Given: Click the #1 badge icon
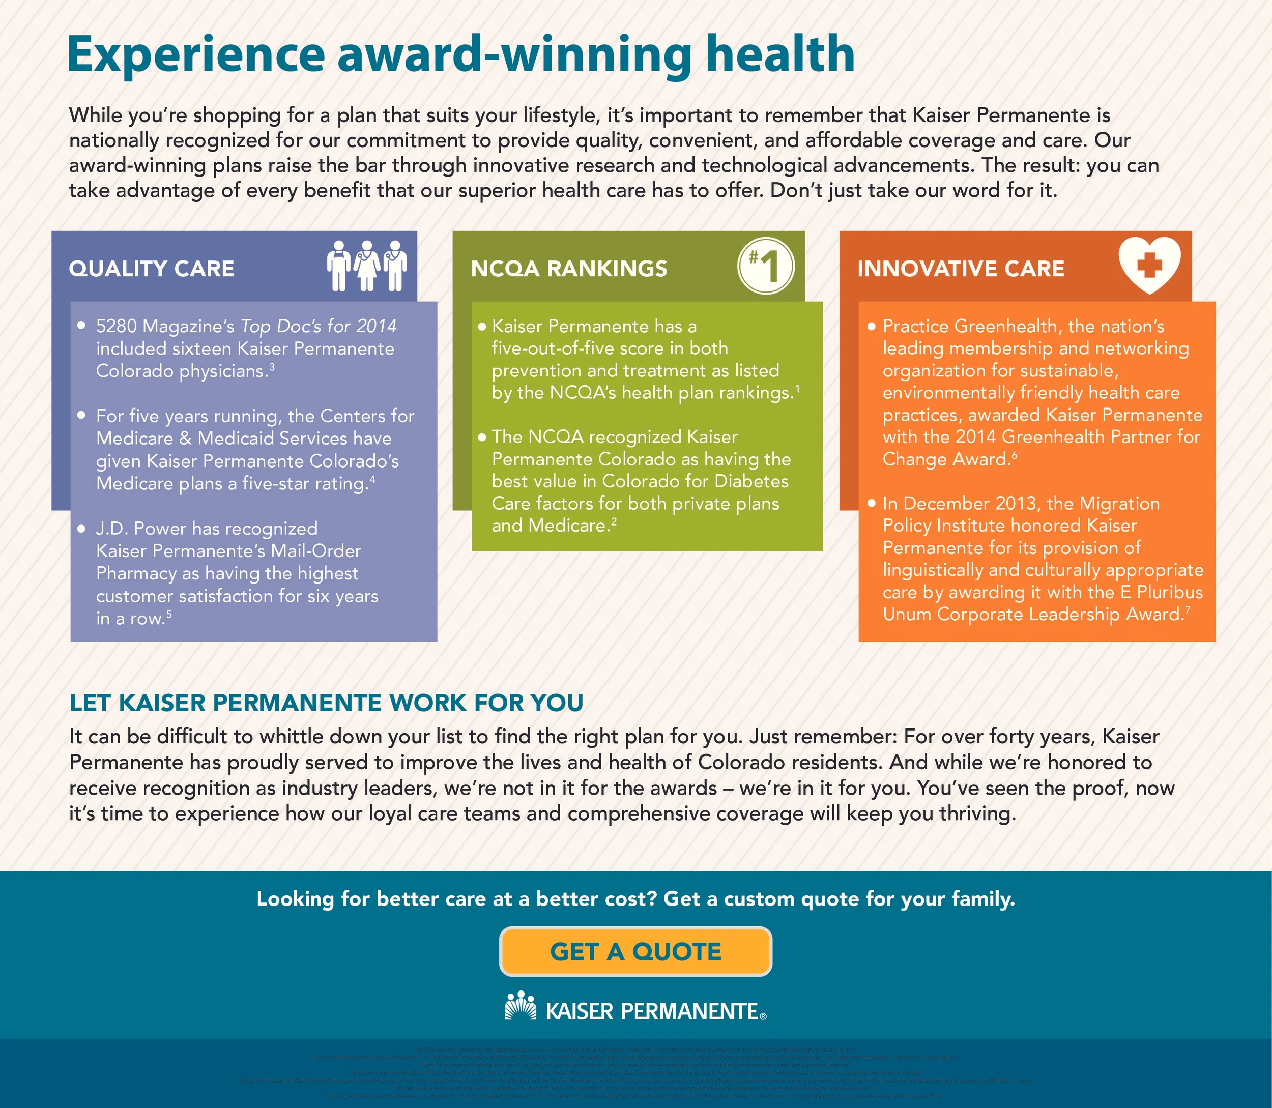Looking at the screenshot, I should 766,267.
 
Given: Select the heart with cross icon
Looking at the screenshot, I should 1149,265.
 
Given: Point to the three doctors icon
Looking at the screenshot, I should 367,266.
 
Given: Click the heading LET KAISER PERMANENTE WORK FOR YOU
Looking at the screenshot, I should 326,703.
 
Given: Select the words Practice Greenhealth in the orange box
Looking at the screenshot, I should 969,326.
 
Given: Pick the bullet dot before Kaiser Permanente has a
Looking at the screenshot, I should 482,327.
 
